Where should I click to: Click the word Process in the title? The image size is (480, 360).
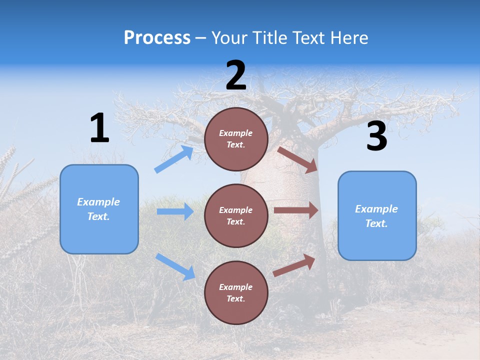pyautogui.click(x=157, y=38)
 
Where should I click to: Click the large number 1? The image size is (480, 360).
pyautogui.click(x=99, y=128)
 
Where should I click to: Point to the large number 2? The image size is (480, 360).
pyautogui.click(x=236, y=75)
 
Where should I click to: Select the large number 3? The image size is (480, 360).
pyautogui.click(x=376, y=136)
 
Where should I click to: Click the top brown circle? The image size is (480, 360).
pyautogui.click(x=236, y=139)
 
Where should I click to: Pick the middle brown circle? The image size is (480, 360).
pyautogui.click(x=236, y=215)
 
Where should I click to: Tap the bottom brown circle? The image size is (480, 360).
pyautogui.click(x=236, y=292)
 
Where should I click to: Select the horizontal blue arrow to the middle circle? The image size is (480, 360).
pyautogui.click(x=175, y=211)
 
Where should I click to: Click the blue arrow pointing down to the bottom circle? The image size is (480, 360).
pyautogui.click(x=175, y=266)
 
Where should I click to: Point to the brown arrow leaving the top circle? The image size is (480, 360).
pyautogui.click(x=298, y=159)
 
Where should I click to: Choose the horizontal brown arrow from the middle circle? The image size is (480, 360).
pyautogui.click(x=296, y=210)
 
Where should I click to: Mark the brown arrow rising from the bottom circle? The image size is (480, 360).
pyautogui.click(x=294, y=265)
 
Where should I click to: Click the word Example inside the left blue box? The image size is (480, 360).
pyautogui.click(x=98, y=202)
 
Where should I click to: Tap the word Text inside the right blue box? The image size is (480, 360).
pyautogui.click(x=376, y=223)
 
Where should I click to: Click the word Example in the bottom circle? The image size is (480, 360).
pyautogui.click(x=236, y=287)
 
